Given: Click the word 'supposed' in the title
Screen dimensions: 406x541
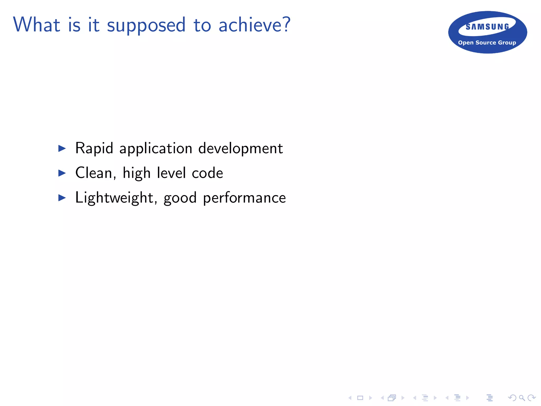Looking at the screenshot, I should [146, 25].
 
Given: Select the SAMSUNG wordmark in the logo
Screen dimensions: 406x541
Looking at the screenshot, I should [487, 27].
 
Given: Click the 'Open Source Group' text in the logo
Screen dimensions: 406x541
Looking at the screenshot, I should [487, 43].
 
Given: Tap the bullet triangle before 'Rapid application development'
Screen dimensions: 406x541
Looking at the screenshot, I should [62, 148].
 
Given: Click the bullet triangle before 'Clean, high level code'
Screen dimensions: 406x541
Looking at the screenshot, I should [62, 173].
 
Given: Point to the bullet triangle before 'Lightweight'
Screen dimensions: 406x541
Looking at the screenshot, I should [62, 198].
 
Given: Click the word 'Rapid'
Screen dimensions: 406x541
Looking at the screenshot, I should [94, 148].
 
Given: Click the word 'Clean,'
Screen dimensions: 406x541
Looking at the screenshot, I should [96, 173].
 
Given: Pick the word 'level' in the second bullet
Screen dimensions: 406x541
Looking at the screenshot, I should [171, 173].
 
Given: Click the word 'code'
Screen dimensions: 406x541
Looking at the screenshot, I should [207, 173].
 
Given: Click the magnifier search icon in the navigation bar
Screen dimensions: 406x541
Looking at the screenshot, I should [522, 398].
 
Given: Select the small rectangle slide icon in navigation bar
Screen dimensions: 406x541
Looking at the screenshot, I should [360, 398].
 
